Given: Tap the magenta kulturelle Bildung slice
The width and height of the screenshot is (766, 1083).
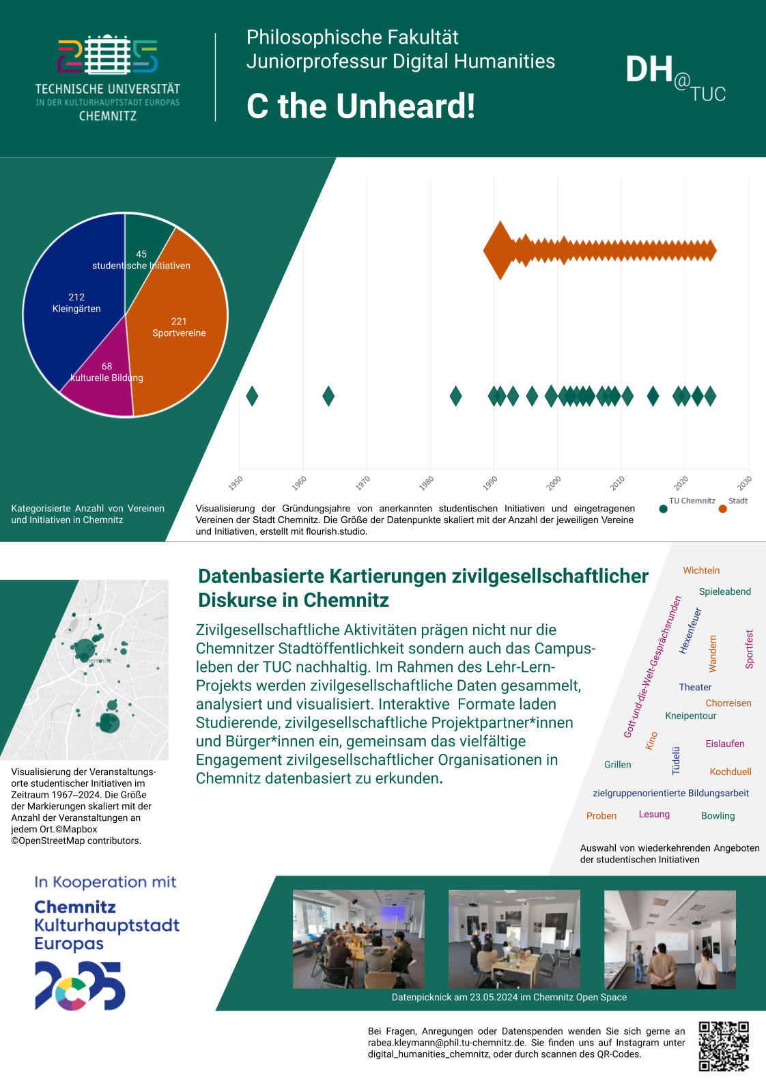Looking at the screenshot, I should tap(102, 389).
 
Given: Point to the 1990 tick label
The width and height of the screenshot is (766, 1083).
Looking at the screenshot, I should tap(490, 483).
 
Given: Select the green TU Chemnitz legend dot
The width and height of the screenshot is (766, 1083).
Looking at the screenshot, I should tap(663, 509).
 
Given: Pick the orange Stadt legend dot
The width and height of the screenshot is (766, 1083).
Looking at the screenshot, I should tap(722, 509).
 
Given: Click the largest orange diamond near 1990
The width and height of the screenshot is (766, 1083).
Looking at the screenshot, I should tap(500, 251).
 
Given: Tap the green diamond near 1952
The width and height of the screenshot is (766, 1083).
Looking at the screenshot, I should tap(252, 396).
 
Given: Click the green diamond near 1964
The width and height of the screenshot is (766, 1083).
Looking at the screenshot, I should tap(328, 396).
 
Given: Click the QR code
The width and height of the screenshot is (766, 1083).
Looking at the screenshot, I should tap(724, 1046).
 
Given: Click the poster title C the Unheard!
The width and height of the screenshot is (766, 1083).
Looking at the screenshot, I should tap(360, 107).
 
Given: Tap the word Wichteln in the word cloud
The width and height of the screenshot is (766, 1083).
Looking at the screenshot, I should tap(701, 571).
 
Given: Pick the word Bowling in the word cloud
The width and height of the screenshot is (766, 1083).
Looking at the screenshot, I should tap(718, 816).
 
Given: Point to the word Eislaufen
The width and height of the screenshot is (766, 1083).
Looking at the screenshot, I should tap(724, 744).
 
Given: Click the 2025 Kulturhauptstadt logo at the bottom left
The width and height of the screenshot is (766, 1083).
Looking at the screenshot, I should tap(80, 985).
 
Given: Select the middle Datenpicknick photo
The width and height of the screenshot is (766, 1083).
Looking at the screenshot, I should tap(514, 939).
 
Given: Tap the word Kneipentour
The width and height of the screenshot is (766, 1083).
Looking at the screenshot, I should tap(690, 716).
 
